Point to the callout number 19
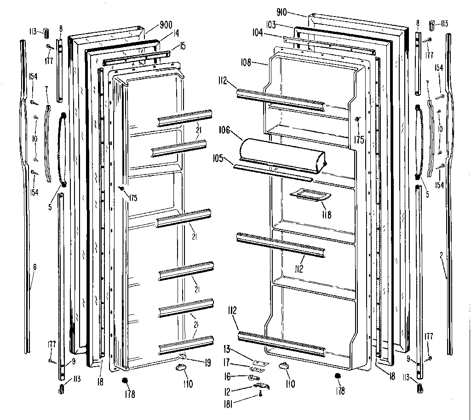(207, 363)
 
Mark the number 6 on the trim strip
(34, 267)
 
